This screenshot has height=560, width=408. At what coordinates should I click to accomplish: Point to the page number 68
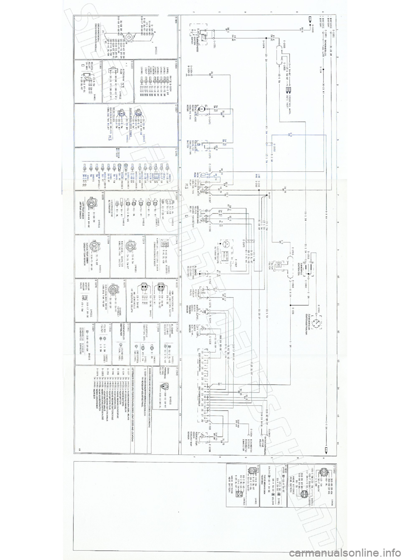pyautogui.click(x=79, y=449)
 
